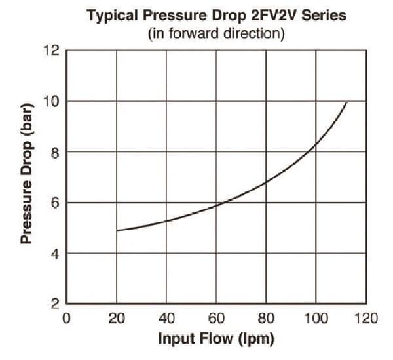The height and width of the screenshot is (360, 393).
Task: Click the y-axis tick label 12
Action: click(52, 50)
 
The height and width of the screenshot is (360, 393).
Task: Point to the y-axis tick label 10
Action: click(52, 101)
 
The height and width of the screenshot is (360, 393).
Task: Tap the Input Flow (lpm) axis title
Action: click(217, 340)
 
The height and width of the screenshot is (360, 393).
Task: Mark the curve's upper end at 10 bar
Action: click(346, 102)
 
